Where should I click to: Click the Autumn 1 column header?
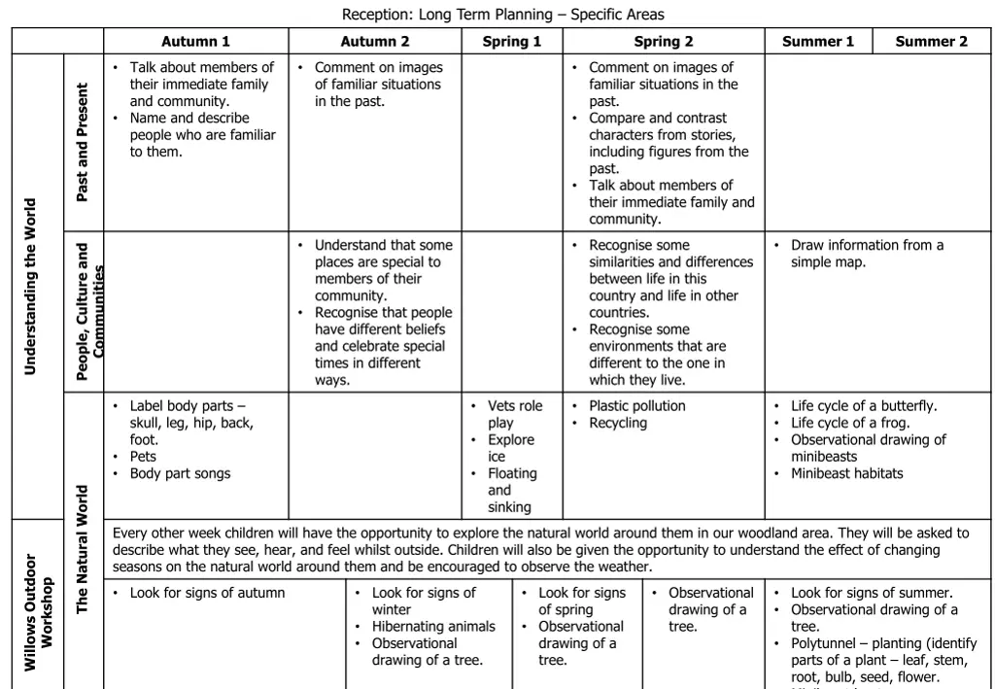[195, 41]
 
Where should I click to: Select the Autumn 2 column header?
[375, 41]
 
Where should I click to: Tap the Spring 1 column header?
[512, 41]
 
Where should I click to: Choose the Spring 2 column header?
[664, 41]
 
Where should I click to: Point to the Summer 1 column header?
[818, 41]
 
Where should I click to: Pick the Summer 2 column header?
[931, 41]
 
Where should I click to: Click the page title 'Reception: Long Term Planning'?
[502, 15]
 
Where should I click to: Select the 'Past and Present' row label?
[83, 142]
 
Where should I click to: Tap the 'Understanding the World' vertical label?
[30, 287]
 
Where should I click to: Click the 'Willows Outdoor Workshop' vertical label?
[38, 612]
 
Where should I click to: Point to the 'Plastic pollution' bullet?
[636, 406]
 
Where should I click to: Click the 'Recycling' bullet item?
[617, 423]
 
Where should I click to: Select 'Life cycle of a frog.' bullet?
[850, 423]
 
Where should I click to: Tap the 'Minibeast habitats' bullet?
[846, 473]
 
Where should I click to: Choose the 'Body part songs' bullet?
[180, 473]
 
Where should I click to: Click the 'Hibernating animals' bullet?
[433, 627]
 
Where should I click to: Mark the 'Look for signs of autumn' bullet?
[207, 593]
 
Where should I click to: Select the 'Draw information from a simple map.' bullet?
[866, 254]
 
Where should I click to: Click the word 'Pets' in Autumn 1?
[143, 457]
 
